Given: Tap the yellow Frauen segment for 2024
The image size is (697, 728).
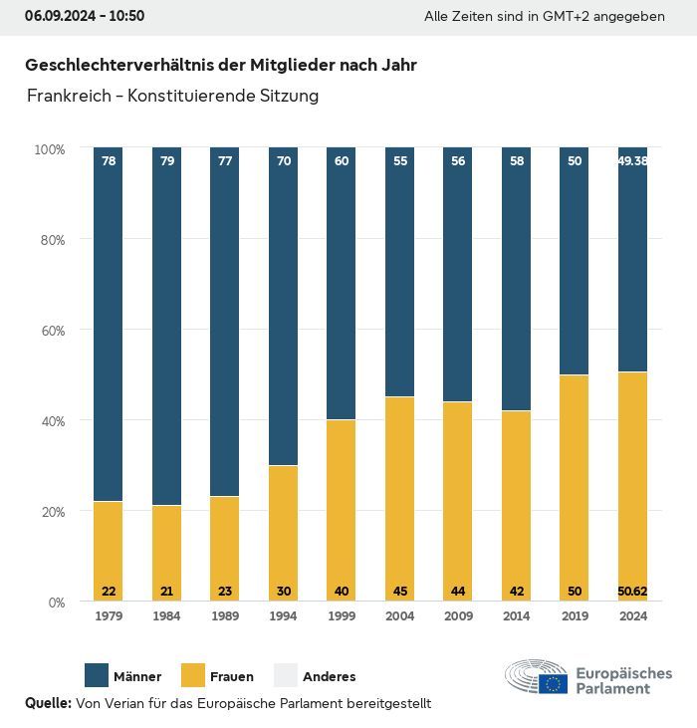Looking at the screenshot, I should pos(632,478).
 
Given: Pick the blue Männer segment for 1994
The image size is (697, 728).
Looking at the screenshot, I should pos(283,309).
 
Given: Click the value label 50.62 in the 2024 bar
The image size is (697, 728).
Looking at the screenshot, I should pos(632,592).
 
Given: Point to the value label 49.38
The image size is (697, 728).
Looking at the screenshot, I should pos(632,160).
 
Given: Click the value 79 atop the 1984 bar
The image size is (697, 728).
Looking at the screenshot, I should pos(166,160).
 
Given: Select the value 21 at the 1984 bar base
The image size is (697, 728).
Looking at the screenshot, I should pos(166,592).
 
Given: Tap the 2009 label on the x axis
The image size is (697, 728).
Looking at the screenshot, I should pos(458,616).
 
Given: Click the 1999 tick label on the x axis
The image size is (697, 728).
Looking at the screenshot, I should pos(342,616).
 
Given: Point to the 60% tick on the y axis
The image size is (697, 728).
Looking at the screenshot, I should pos(50,331).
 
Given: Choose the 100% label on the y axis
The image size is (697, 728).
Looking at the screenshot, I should pos(49,149).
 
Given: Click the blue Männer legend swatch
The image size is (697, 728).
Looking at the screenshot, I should pos(97,675).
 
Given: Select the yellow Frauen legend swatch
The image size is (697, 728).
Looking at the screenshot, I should pos(192,675).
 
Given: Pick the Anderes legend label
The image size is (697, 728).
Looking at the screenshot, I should pos(329,676).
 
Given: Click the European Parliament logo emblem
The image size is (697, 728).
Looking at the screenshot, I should pos(537,678).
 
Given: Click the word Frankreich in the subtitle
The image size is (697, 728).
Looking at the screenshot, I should pos(69,97).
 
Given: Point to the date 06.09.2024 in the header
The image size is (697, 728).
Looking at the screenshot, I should pos(59,16).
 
